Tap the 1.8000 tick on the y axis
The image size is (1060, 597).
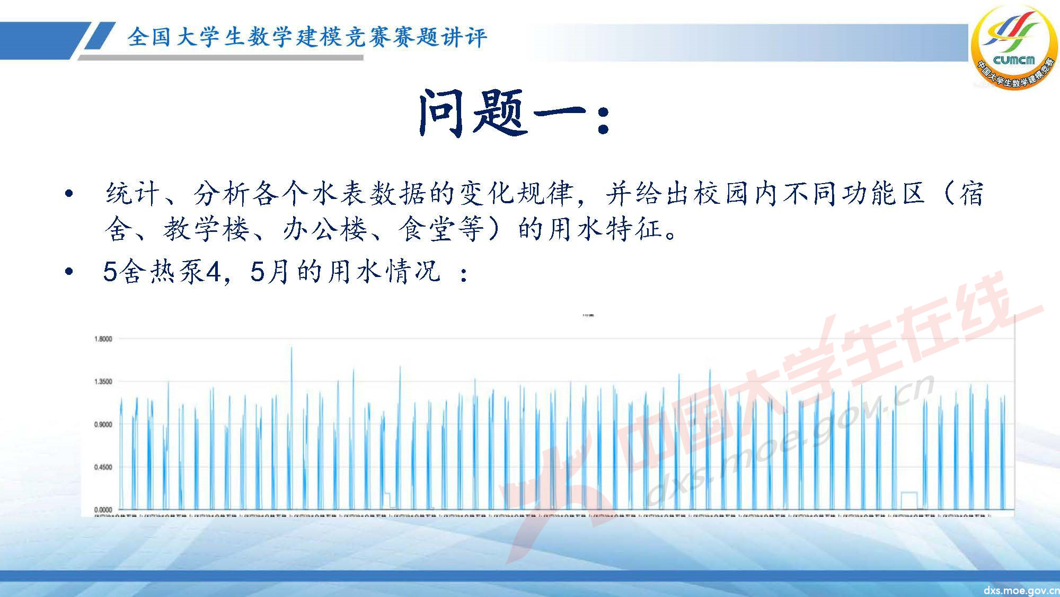point(103,339)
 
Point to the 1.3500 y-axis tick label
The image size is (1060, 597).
point(103,382)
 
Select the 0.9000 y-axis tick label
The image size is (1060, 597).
point(103,425)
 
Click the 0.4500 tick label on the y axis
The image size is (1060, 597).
point(103,468)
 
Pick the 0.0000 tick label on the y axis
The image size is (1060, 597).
point(103,510)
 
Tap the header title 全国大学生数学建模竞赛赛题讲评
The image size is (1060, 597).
point(306,37)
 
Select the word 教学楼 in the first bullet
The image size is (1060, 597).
point(206,229)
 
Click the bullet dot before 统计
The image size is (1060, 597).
point(68,194)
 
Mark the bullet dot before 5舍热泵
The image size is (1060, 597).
point(68,272)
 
